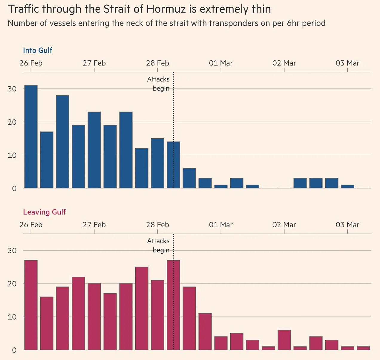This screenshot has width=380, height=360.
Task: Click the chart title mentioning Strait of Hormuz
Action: [x=139, y=9]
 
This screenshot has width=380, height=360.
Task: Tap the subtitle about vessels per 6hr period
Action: [x=166, y=23]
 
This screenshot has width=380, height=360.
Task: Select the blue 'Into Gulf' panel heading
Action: [x=38, y=50]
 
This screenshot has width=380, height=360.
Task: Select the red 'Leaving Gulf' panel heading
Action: [x=44, y=212]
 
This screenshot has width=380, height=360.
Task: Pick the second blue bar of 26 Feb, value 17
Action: [x=47, y=160]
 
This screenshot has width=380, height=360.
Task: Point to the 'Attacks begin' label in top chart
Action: [x=158, y=84]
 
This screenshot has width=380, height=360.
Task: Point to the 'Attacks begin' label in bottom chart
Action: [x=158, y=246]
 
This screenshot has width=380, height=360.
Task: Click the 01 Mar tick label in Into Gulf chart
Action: [x=221, y=63]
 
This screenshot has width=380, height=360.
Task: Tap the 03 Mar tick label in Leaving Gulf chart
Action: [x=347, y=225]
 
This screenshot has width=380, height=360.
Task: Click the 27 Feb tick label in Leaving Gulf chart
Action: [x=94, y=225]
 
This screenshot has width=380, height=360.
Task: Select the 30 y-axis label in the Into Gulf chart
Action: [x=12, y=89]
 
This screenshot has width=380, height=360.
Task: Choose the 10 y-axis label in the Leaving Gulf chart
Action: [x=12, y=317]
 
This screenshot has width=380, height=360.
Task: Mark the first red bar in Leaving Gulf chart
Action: [x=31, y=305]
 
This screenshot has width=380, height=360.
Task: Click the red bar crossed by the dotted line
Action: [x=173, y=305]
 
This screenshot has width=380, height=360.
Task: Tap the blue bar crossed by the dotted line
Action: [x=173, y=165]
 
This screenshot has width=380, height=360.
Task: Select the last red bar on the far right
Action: [x=363, y=348]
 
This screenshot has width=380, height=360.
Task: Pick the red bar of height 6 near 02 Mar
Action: [x=284, y=340]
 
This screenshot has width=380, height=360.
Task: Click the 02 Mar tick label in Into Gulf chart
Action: [x=284, y=63]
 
